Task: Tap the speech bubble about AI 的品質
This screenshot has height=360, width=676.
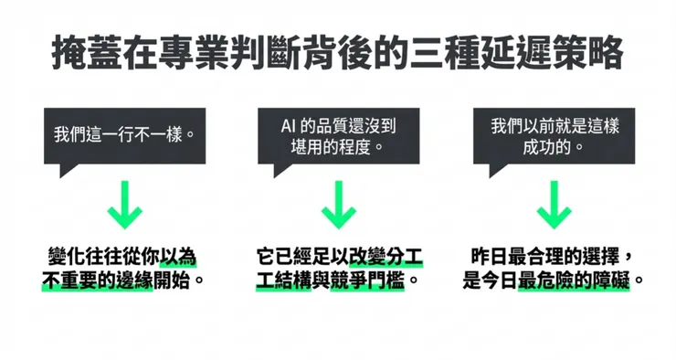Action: coord(338,134)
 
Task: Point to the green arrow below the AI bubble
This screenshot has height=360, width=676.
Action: coord(338,205)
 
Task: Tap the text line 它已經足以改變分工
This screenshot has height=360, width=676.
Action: coord(338,255)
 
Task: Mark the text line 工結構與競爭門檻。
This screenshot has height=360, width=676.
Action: coord(338,279)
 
